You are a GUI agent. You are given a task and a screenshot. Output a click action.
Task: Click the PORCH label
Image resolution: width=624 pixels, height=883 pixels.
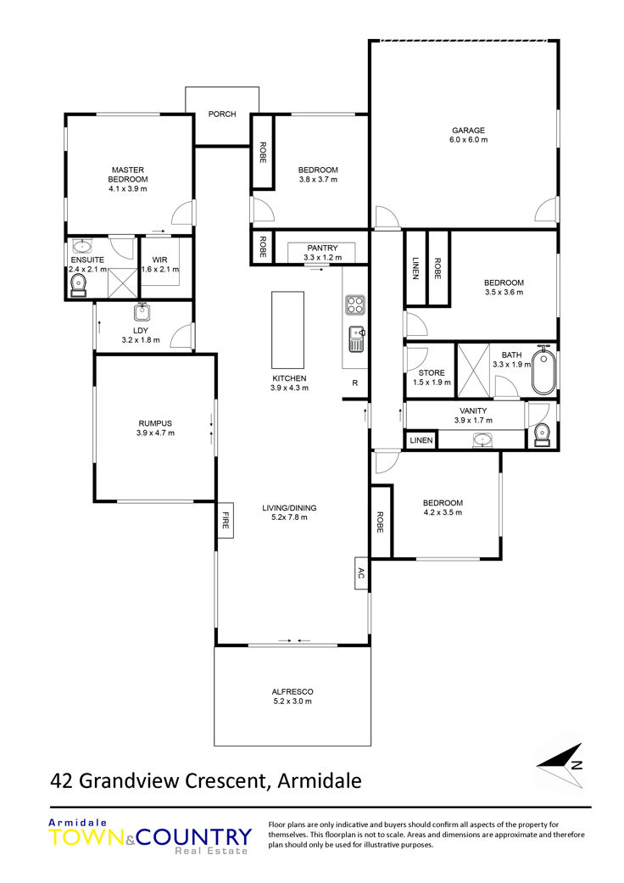pos(221,114)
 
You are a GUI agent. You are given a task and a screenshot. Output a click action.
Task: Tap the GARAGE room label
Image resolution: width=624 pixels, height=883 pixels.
pos(468,130)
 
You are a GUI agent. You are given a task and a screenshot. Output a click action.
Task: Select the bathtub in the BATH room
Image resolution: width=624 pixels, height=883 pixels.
pos(543,370)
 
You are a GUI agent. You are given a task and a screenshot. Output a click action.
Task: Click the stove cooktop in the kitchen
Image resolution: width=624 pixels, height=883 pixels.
pos(355,305)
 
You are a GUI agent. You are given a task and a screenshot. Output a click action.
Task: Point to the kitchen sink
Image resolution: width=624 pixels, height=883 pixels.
pos(356,339)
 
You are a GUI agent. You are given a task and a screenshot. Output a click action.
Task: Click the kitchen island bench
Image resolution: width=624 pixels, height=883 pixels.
pos(287,330)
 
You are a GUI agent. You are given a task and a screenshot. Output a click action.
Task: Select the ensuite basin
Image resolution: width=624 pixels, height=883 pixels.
pos(83,245)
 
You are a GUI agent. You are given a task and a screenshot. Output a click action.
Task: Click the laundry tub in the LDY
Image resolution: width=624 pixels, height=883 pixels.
pos(142,311)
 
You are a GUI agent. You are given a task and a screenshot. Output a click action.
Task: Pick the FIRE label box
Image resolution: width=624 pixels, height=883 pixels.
pos(225,520)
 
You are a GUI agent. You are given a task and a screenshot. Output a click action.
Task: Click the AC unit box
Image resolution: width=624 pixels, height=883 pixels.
pos(361,573)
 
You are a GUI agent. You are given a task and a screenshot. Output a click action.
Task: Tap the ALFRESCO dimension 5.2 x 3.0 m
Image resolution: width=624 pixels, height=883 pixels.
pos(292,701)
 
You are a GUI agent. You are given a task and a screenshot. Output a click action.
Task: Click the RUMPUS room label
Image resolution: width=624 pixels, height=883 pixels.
pos(155,423)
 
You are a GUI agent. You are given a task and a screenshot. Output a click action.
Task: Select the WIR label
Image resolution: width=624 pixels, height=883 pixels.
pos(159,260)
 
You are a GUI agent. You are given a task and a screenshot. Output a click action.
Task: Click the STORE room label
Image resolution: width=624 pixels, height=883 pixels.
pos(432,373)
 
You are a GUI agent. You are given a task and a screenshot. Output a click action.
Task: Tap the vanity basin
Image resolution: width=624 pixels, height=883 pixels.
pos(482,439)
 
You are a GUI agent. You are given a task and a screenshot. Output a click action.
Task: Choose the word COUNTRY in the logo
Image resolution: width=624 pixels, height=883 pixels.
pos(194,837)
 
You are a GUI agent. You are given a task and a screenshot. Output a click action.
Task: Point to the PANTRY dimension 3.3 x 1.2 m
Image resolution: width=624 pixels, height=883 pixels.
pos(322,257)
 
